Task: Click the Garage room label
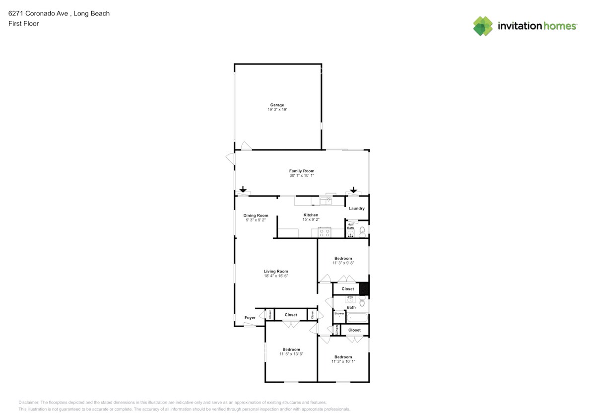point(277,105)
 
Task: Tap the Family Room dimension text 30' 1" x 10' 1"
point(302,176)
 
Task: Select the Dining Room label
point(256,215)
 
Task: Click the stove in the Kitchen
point(324,232)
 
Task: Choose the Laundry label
point(357,209)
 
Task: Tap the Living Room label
point(275,272)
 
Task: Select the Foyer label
point(250,318)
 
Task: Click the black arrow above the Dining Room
point(243,190)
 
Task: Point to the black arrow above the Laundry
point(353,190)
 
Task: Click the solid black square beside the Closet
point(364,288)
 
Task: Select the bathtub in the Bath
point(357,318)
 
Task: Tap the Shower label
point(339,314)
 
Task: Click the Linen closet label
point(336,330)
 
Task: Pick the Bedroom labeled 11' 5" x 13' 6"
point(291,349)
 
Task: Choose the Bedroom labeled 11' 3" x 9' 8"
point(343,258)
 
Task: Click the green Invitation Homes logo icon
point(483,26)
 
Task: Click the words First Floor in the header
point(23,23)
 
